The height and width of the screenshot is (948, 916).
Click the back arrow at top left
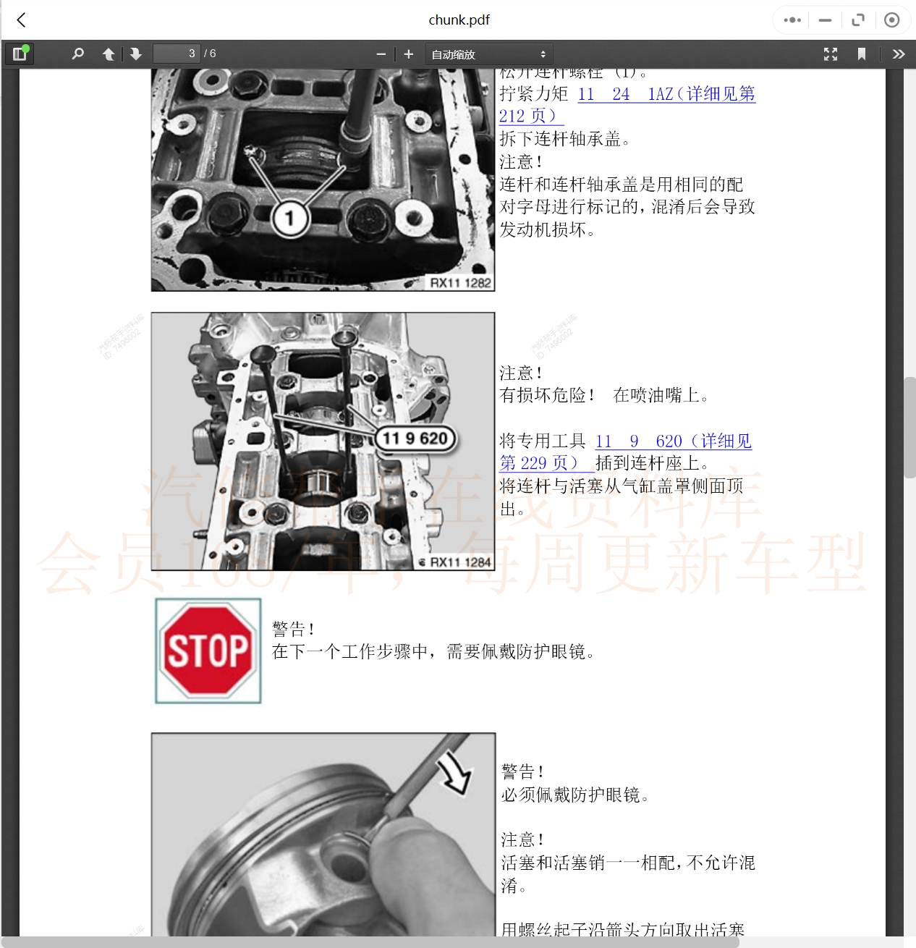point(22,20)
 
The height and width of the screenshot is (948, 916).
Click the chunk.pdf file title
point(459,20)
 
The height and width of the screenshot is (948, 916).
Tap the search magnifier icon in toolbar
point(78,54)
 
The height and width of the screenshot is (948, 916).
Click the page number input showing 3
point(177,54)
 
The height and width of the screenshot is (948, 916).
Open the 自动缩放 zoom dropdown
point(489,54)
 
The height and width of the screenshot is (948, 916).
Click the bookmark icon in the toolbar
point(862,54)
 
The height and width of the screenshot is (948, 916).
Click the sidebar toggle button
point(20,54)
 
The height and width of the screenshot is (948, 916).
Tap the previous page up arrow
point(109,54)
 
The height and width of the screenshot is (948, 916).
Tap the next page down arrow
point(135,54)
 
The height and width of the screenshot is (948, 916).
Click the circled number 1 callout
point(289,218)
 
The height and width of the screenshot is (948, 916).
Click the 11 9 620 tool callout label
point(415,439)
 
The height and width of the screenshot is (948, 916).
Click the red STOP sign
point(208,651)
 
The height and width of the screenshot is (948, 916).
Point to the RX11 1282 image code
point(460,283)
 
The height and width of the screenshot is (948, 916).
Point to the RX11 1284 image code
point(460,562)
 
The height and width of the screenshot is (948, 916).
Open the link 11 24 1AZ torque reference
point(666,94)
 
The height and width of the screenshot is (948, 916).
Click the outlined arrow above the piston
point(455,774)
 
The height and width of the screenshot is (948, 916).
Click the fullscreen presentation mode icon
point(831,54)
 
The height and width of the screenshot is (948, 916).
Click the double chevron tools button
point(899,54)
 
